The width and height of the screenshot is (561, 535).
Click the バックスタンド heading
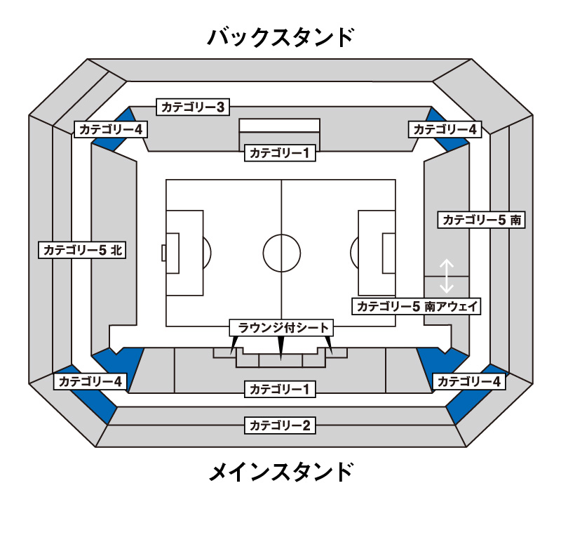pos(280,37)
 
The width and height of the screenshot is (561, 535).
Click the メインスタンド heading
pos(281,472)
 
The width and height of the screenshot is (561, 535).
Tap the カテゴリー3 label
pos(193,107)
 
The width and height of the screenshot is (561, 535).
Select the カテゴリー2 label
pos(280,425)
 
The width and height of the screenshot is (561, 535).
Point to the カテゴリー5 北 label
pos(82,249)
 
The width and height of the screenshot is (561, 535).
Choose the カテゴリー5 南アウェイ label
pos(417,306)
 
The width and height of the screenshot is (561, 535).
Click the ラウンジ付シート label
pos(281,328)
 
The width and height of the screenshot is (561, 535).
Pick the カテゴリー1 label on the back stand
pos(280,153)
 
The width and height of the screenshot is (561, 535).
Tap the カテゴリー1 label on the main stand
pos(280,389)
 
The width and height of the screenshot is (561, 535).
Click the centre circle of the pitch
pos(282,235)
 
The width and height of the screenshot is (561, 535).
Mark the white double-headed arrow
pos(447,276)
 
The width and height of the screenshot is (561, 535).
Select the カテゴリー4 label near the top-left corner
pos(111,129)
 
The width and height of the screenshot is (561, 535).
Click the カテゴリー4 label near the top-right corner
pos(445,129)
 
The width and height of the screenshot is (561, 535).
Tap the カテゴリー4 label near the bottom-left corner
pos(90,381)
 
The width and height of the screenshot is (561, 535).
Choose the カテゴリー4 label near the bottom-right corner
pos(469,381)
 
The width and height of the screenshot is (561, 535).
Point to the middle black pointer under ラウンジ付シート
pos(281,348)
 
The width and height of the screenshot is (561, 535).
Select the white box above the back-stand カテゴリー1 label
pos(279,126)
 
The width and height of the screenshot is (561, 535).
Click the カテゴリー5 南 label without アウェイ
pos(482,220)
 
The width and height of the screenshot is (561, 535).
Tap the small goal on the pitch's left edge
pos(164,253)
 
